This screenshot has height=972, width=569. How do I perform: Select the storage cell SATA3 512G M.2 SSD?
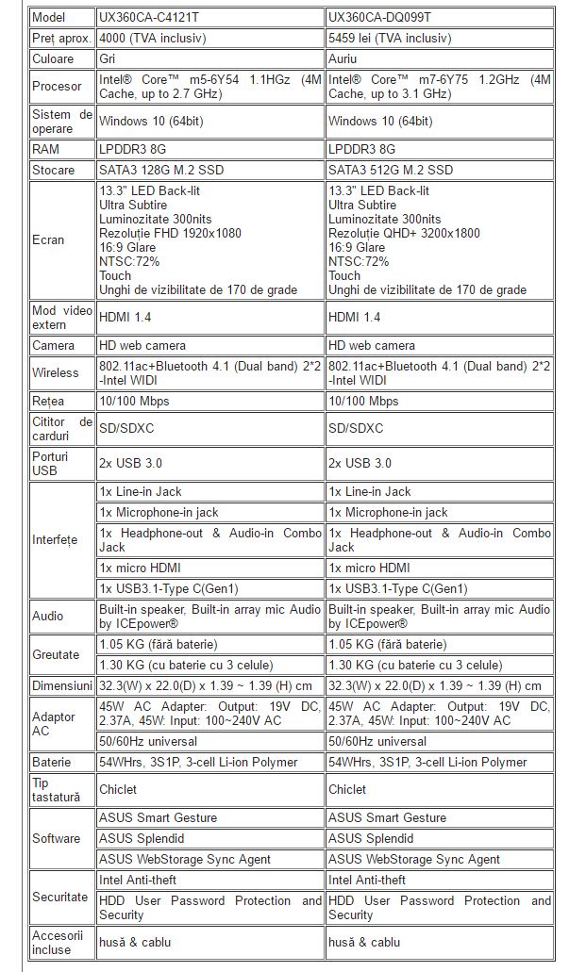pos(391,170)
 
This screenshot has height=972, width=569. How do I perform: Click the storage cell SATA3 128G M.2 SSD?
pos(161,170)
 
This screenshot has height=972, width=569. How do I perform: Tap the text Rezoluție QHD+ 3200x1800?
pos(404,233)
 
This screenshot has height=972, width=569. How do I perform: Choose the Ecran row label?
pos(48,239)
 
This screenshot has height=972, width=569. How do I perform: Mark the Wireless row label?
pos(55,372)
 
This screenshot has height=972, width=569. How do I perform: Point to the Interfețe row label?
pos(55,539)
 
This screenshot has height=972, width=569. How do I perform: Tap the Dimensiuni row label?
pos(62,684)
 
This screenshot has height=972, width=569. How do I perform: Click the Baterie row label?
pos(52,762)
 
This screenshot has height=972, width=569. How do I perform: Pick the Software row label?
pos(56,838)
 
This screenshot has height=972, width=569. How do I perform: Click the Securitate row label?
pos(59,897)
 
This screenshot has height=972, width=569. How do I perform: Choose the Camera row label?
pos(52,346)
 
